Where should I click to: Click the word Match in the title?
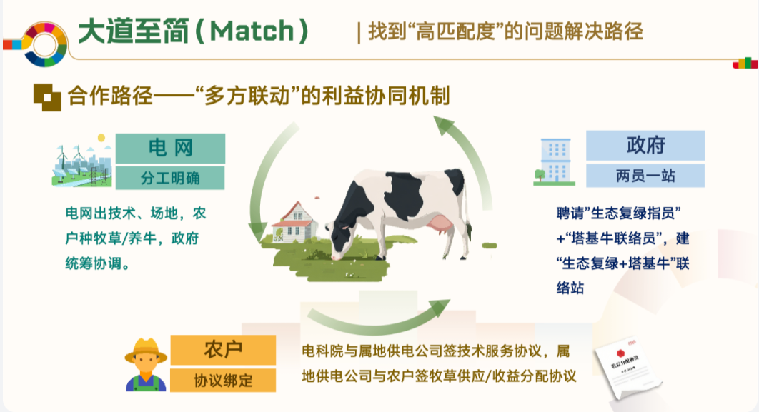pos(252,31)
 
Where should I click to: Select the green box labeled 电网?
pos(170,148)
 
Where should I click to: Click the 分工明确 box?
pos(170,178)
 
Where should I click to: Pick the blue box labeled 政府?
pos(645,145)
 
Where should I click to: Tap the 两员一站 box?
pos(645,176)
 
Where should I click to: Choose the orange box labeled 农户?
pos(223,350)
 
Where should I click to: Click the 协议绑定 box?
pos(223,381)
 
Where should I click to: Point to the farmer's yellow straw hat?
pos(146,351)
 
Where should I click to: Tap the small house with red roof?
pos(294,223)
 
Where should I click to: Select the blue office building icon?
pos(555,161)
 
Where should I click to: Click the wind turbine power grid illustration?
pos(81,161)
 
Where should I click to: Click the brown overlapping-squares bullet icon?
pos(47,96)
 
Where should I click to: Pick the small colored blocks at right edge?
pos(745,64)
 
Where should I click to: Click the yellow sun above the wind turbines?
pos(101,138)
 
